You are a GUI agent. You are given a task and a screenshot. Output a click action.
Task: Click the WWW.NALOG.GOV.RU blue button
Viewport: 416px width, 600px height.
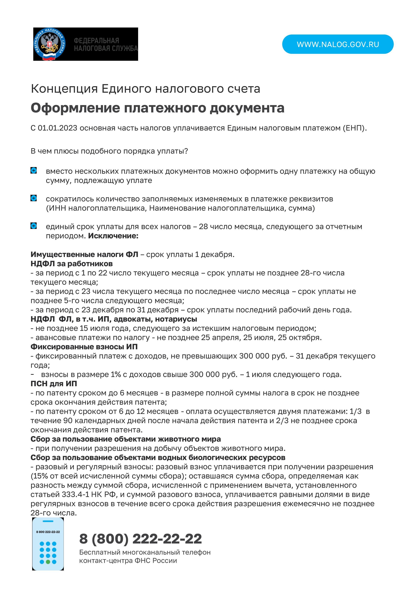coord(338,44)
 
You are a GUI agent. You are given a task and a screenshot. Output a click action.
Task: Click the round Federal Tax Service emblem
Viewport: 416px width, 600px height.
coord(50,44)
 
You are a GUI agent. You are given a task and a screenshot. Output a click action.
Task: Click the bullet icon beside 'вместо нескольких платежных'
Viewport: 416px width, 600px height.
coord(34,171)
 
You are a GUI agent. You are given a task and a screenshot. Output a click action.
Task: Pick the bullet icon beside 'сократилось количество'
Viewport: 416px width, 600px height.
coord(34,198)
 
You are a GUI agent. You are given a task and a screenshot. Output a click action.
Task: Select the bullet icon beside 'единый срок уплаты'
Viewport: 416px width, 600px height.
coord(34,226)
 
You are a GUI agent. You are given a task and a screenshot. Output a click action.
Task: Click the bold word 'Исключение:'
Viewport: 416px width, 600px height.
coord(113,236)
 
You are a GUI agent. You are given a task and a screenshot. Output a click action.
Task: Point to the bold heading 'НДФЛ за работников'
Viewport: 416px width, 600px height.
coord(72,264)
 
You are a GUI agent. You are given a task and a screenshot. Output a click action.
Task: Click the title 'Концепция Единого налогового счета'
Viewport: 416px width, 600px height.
coord(146,89)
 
